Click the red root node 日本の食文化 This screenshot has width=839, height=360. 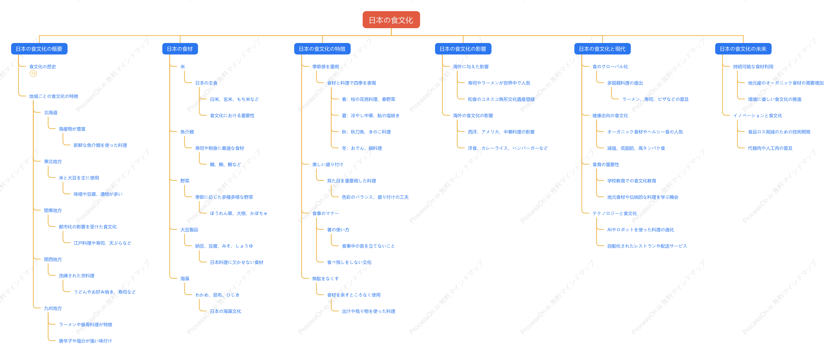pyautogui.click(x=391, y=20)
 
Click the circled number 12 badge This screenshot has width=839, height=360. pyautogui.click(x=33, y=74)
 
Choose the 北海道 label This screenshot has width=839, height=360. pyautogui.click(x=51, y=113)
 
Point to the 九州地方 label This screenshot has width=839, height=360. pyautogui.click(x=53, y=308)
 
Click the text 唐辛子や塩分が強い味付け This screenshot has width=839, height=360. pyautogui.click(x=85, y=341)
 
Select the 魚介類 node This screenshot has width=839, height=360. pyautogui.click(x=187, y=132)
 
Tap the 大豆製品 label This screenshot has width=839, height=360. pyautogui.click(x=189, y=230)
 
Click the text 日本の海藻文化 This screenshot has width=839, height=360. pyautogui.click(x=226, y=311)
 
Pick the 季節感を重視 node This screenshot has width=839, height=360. pyautogui.click(x=326, y=67)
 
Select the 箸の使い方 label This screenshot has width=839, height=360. pyautogui.click(x=338, y=230)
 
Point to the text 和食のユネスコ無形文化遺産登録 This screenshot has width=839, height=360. pyautogui.click(x=501, y=99)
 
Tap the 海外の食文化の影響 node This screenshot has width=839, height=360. pyautogui.click(x=473, y=116)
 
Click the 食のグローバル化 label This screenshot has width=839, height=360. pyautogui.click(x=610, y=67)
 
